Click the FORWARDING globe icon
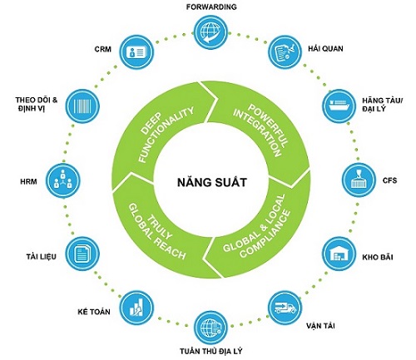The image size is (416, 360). [211, 32]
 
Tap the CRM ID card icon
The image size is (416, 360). [136, 52]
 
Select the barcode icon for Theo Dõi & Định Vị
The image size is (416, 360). [82, 106]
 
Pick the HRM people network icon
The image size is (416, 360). [63, 180]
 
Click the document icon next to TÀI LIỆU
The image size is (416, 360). [82, 254]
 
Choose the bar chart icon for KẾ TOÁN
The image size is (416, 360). [136, 308]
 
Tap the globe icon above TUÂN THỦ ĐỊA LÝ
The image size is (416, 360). [211, 328]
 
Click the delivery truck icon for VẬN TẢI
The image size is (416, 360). [285, 308]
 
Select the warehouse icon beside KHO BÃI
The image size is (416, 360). [339, 254]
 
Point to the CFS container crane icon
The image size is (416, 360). [359, 180]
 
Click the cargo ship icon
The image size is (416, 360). [339, 106]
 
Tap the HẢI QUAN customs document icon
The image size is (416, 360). [285, 52]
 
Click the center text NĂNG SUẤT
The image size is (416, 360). [212, 183]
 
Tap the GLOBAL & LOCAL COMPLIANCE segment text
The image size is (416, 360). [256, 226]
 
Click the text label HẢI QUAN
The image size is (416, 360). [325, 48]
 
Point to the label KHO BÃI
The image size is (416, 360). [378, 257]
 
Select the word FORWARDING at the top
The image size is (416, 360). [211, 7]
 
